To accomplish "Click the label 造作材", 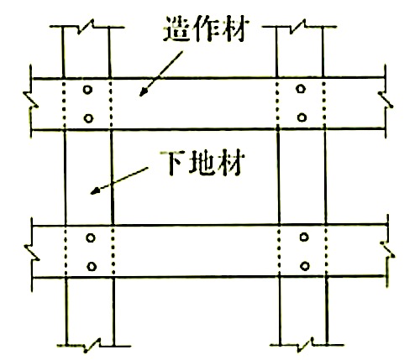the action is pos(206,29).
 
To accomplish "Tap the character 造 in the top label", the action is pos(177,29).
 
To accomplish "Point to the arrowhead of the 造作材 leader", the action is pos(144,91).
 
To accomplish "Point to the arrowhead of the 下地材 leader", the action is pos(95,190).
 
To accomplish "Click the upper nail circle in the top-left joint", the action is pos(87,90).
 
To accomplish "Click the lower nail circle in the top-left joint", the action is pos(88,118).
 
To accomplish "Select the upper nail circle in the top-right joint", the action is pos(301,89).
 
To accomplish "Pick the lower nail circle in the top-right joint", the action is pos(302,117).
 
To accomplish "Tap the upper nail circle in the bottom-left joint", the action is pos(91,237).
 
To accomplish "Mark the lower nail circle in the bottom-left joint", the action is pos(92,267).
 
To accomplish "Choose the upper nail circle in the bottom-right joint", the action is pos(304,237).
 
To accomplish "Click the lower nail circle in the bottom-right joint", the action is pos(305,266).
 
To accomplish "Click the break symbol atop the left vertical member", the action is pos(86,27).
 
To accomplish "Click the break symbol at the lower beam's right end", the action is pos(387,249).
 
